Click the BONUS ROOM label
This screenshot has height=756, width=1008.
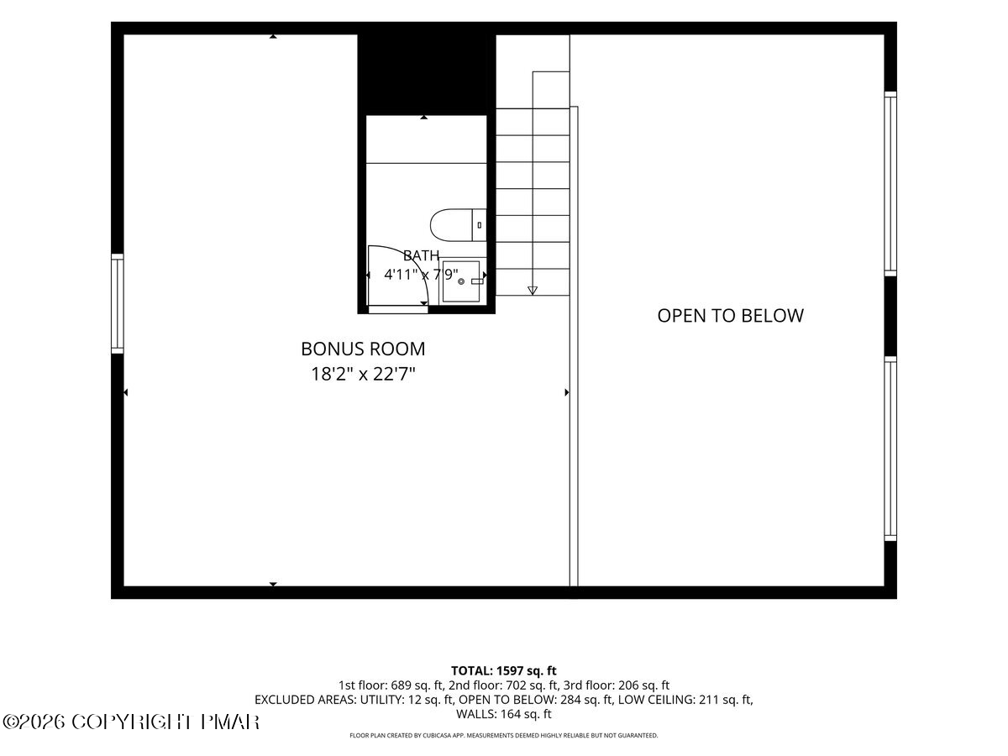[x=363, y=349]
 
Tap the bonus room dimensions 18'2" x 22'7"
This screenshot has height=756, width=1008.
[x=363, y=374]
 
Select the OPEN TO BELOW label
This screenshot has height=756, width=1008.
[x=730, y=316]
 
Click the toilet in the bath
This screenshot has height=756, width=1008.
[x=458, y=225]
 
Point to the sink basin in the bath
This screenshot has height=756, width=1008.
[x=461, y=281]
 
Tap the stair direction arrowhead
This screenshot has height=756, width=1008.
[x=533, y=290]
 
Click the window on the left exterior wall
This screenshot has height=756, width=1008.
[x=118, y=303]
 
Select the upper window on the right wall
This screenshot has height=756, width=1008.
[x=890, y=184]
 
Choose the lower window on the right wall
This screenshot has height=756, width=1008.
[x=890, y=449]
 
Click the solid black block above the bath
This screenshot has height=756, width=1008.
[x=427, y=75]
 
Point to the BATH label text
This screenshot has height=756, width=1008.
[x=421, y=255]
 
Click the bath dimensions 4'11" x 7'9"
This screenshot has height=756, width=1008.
[x=421, y=275]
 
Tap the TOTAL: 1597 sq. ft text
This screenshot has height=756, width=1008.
[x=504, y=670]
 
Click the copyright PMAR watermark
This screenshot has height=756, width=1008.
[x=131, y=722]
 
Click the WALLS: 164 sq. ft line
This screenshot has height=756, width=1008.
[x=504, y=714]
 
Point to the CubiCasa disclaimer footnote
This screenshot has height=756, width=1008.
[x=504, y=735]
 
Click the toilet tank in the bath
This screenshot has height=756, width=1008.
[x=480, y=225]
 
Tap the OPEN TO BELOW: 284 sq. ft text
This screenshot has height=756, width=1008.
[x=535, y=700]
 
